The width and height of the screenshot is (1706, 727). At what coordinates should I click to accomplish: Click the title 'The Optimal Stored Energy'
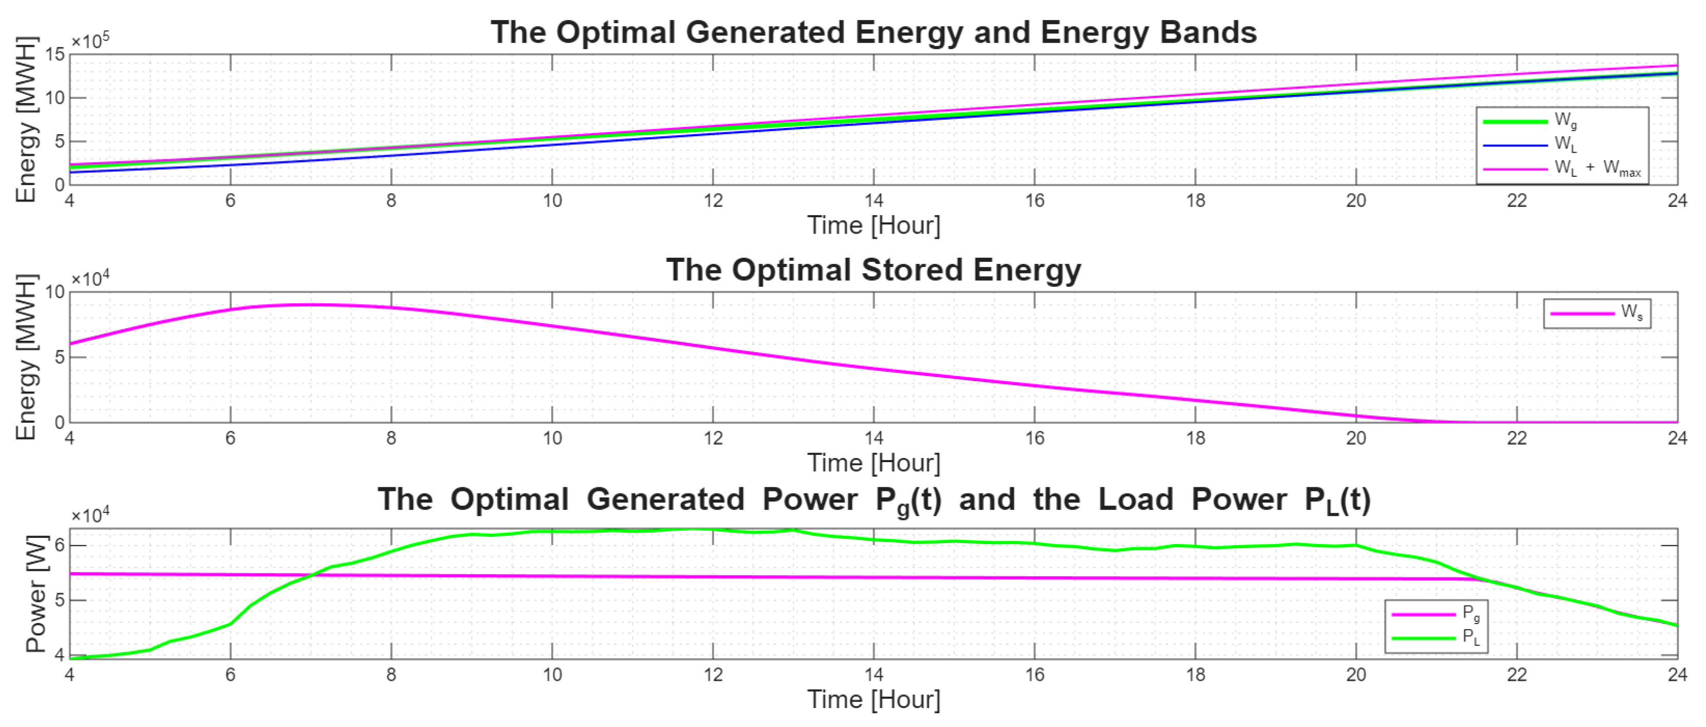point(873,270)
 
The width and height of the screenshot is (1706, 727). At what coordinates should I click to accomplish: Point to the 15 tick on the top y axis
point(56,55)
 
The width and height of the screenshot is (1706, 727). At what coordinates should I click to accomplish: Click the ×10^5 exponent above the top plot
point(90,41)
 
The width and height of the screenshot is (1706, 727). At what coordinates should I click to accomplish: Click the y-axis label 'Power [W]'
point(36,594)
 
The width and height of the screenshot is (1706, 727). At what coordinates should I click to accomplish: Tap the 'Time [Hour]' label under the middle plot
point(873,463)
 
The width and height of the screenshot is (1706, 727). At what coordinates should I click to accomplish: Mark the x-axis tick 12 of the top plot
point(713,201)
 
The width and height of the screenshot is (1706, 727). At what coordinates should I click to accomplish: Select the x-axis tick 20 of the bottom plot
point(1356,675)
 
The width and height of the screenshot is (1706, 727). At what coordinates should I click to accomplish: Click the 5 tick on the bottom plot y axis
point(59,600)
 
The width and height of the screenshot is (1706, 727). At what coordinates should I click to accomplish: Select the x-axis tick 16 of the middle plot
point(1034,439)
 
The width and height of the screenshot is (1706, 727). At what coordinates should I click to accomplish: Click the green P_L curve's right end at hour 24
point(1676,626)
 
